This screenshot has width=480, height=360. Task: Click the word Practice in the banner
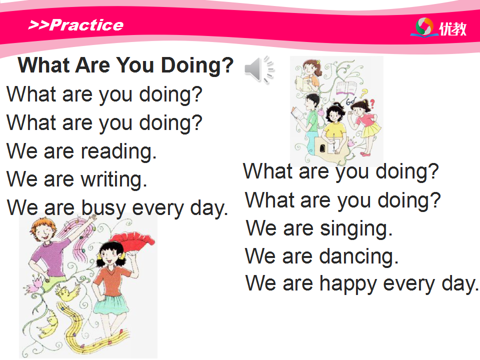tap(86, 25)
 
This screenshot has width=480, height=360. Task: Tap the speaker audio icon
tap(259, 69)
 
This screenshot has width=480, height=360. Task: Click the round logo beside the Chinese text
tap(424, 27)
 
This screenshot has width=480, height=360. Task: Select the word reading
tap(119, 151)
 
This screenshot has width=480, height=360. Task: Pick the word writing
tap(114, 179)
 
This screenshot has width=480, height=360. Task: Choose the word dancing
tap(359, 256)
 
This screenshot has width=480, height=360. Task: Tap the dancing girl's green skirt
tap(111, 304)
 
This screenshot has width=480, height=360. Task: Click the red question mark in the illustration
tap(372, 104)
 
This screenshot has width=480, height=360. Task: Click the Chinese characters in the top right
tap(453, 29)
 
